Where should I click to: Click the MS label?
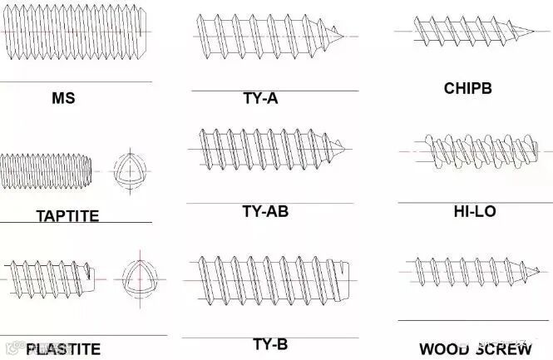pos(63,98)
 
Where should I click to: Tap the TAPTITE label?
pos(67,216)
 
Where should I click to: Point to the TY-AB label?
pos(265,211)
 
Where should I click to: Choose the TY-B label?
pos(270,344)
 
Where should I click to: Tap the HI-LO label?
pos(475,212)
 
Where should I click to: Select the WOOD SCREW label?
pos(475,349)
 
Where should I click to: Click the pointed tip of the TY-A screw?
pos(343,37)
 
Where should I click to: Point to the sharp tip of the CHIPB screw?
pos(533,32)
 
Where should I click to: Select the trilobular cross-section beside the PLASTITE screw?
pos(137,275)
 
